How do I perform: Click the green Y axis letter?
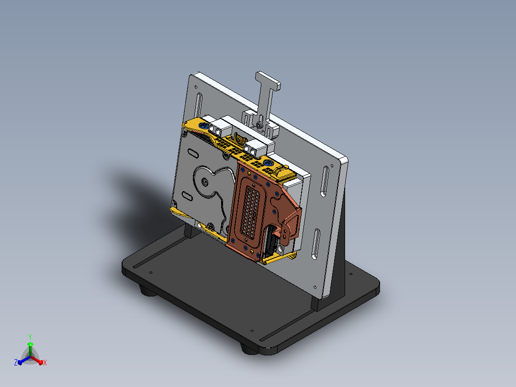point(30,337)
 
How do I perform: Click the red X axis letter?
point(45,363)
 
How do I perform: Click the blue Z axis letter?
point(15,363)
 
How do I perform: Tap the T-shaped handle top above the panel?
point(268,80)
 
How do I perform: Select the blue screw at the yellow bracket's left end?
point(204,125)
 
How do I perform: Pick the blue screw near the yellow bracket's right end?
point(268,162)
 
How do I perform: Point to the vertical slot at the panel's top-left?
point(199,105)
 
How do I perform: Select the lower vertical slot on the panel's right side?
point(316,244)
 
